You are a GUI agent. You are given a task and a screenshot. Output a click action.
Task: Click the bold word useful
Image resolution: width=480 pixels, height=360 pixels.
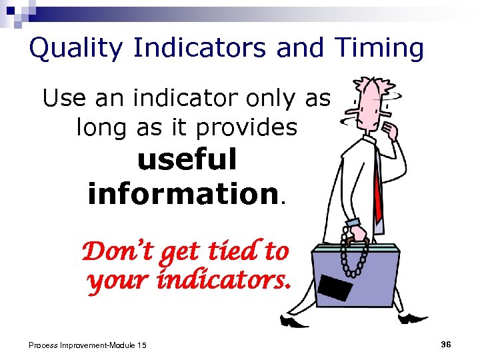(187, 160)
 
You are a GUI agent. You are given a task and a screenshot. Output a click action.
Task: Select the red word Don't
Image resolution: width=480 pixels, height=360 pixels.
(113, 252)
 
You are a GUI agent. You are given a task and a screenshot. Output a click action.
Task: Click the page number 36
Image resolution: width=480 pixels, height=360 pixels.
(446, 344)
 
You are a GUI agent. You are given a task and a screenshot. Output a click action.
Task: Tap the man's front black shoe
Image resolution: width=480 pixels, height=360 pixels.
(293, 321)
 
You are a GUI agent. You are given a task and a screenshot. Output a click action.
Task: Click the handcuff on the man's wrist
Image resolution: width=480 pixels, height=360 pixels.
(353, 223)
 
